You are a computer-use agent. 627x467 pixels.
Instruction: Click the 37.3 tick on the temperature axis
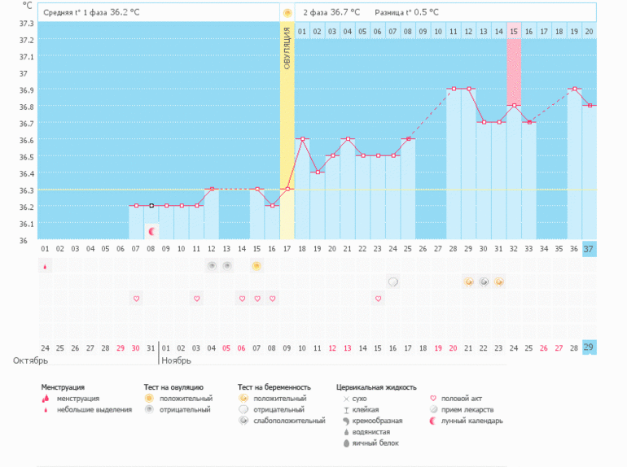[26, 24]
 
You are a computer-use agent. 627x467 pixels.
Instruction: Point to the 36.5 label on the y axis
[26, 140]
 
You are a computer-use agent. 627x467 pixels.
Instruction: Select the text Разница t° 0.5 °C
[406, 13]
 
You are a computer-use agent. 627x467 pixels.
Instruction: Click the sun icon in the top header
[287, 13]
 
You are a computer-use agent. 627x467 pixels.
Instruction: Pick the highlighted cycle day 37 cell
[589, 248]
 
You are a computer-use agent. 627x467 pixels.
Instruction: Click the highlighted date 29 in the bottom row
[589, 347]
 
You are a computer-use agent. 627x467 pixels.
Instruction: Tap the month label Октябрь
[30, 360]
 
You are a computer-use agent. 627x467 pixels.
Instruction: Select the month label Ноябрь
[177, 360]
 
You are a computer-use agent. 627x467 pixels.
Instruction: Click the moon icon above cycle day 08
[151, 232]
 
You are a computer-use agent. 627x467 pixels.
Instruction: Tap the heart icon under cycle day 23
[379, 299]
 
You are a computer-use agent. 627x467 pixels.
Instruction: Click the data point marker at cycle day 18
[302, 139]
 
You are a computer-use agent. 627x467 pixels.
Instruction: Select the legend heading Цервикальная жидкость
[376, 387]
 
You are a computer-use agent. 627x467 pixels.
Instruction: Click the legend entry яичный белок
[375, 443]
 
